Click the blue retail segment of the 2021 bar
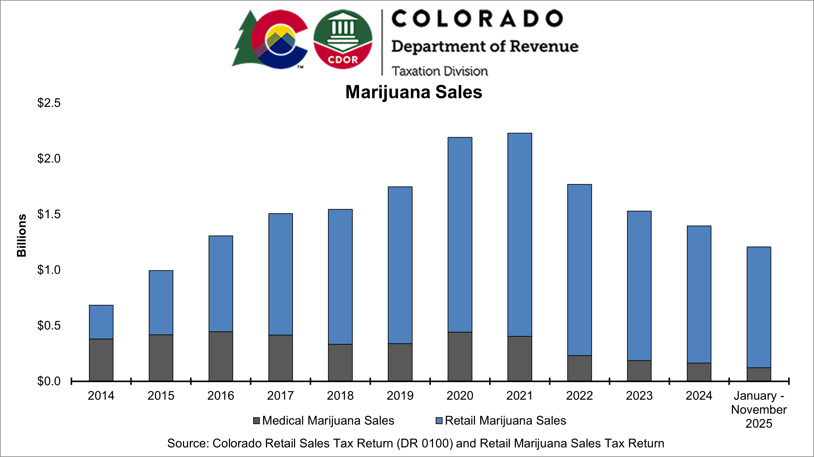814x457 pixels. pos(520,234)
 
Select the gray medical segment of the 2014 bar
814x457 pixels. pos(101,360)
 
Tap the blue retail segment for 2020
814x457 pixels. pos(460,234)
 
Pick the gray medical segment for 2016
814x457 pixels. pos(220,356)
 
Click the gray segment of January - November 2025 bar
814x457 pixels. pos(759,374)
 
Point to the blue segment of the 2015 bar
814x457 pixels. pos(161,302)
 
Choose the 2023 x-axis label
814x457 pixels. pos(639,396)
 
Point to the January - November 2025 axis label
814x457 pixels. pos(759,409)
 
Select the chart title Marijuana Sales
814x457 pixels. pos(414,92)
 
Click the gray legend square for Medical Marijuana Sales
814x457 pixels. pos(256,421)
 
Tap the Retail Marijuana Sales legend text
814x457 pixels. pos(505,421)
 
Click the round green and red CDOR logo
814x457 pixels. pos(343,39)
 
